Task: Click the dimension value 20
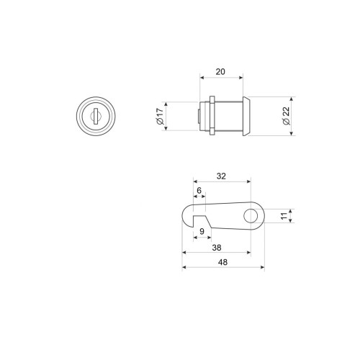point(220,71)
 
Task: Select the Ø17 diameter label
point(160,116)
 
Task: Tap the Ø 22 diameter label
point(287,116)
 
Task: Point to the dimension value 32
point(221,176)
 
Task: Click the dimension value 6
point(199,190)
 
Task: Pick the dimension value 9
point(202,231)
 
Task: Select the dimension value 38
point(217,248)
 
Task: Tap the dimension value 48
point(222,262)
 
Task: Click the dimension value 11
point(284,216)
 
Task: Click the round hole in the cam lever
point(251,215)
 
